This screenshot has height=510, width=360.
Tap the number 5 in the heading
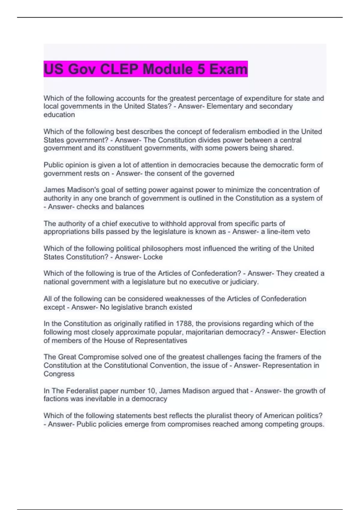(x=201, y=69)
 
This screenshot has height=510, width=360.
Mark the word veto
(x=303, y=232)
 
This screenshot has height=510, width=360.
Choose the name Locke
(x=153, y=257)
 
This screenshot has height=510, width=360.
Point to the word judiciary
(x=244, y=282)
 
